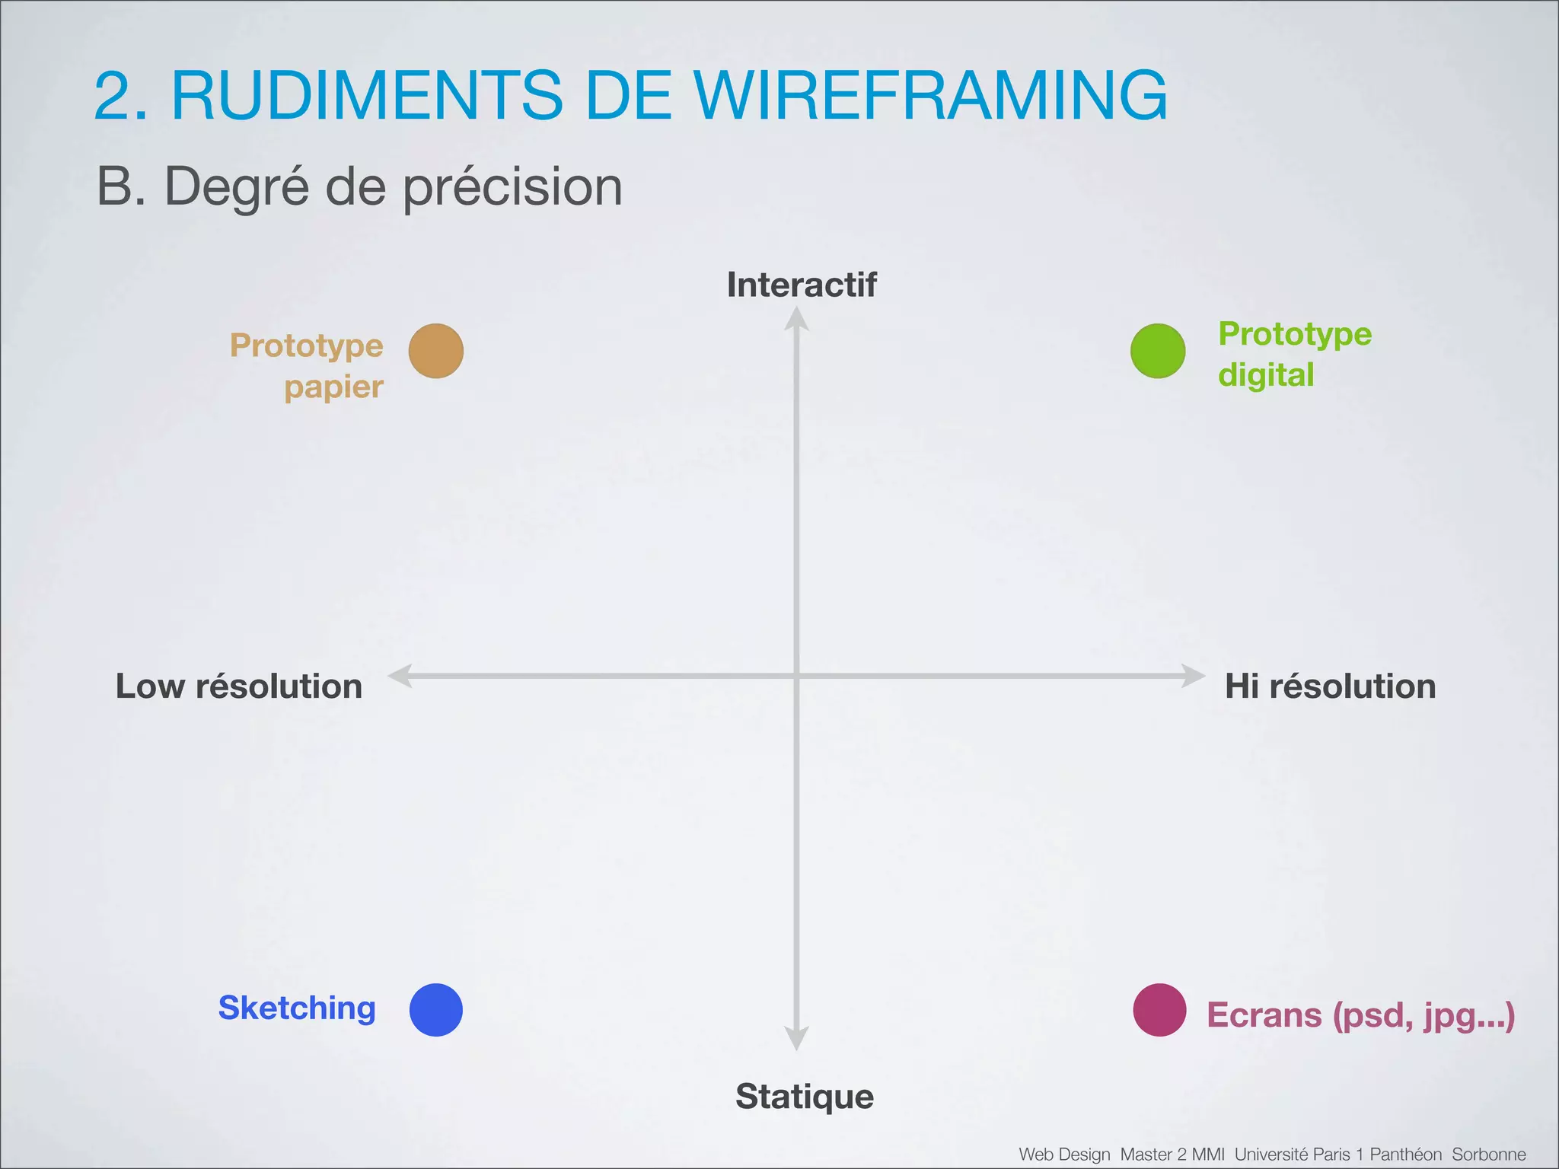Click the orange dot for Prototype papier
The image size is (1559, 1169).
coord(436,351)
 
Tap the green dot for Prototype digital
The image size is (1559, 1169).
coord(1158,351)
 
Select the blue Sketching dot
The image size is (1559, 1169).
coord(436,1010)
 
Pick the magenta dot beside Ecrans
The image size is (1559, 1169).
coord(1159,1010)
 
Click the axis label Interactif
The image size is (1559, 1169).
coord(802,285)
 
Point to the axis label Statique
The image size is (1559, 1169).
coord(805,1097)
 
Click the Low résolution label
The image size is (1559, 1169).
coord(238,686)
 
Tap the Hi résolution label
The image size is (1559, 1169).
coord(1330,686)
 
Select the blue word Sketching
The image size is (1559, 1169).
coord(297,1008)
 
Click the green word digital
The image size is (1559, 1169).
coord(1266,375)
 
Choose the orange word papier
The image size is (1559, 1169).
coord(333,387)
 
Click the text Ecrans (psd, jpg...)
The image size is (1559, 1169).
coord(1360,1015)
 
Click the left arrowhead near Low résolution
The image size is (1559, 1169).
coord(400,676)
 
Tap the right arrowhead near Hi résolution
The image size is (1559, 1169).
coord(1193,676)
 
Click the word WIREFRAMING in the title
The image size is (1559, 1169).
coord(931,96)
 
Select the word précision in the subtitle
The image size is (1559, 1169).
coord(512,187)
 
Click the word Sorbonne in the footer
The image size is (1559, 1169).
coord(1488,1155)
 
